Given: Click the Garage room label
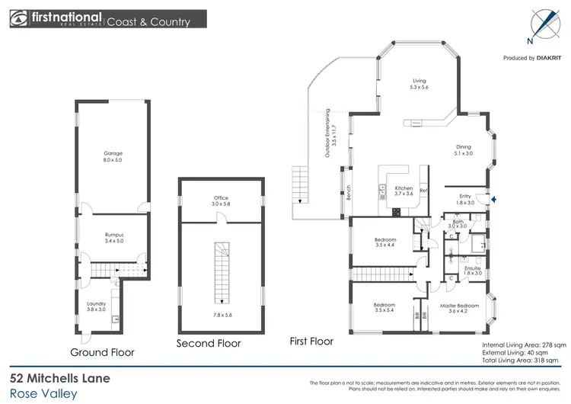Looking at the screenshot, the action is [113, 156].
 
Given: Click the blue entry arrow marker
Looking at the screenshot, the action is [497, 200].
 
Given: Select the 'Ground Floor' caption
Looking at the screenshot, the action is [102, 352].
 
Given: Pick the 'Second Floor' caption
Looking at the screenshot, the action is [209, 344].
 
